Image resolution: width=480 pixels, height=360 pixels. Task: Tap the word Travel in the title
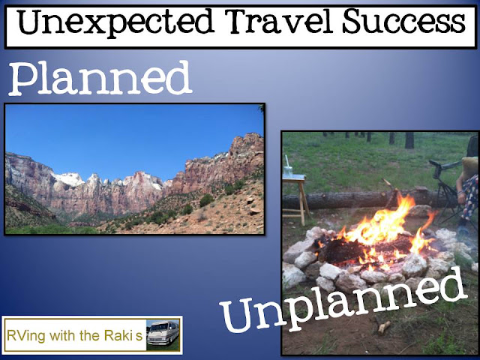[279, 22]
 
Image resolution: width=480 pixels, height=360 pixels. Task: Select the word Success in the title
[404, 22]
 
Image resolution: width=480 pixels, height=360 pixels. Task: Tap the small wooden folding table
[295, 196]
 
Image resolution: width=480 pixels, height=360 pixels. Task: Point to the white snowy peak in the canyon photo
[69, 178]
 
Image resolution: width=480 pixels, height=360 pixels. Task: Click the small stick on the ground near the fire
[384, 327]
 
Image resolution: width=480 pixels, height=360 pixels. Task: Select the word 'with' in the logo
[63, 335]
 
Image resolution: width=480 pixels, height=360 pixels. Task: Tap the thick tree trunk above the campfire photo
[409, 140]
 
